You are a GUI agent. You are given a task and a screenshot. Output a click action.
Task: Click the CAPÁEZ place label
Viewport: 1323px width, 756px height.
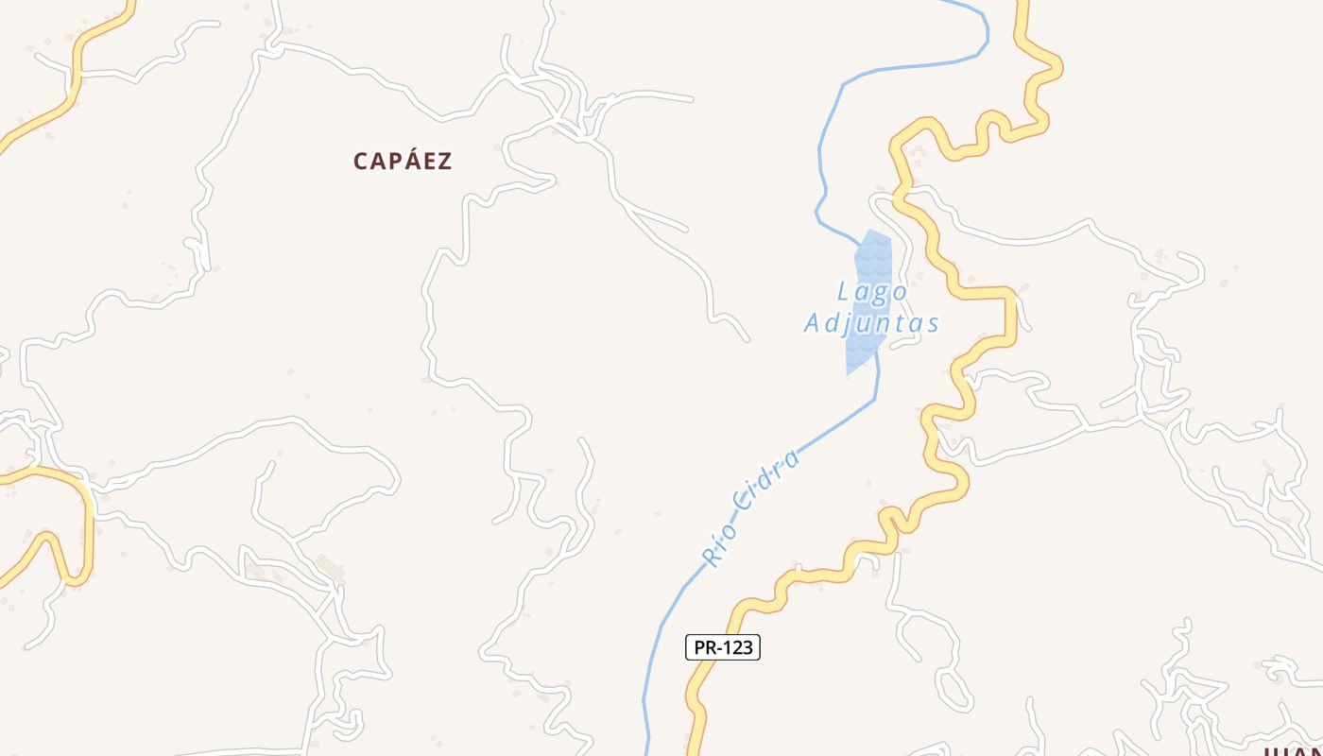click(403, 161)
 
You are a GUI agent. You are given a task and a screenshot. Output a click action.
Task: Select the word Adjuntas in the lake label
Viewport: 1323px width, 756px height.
click(871, 323)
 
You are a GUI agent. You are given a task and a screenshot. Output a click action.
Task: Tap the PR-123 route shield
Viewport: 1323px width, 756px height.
click(722, 647)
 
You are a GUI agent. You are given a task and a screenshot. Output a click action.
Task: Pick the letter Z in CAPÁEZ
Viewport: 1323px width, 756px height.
click(444, 161)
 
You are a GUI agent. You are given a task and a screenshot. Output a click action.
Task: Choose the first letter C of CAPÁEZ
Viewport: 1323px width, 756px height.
click(361, 161)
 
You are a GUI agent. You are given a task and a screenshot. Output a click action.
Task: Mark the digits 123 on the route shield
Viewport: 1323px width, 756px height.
click(737, 647)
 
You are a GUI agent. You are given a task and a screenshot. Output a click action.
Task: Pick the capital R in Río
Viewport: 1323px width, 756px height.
click(712, 557)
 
